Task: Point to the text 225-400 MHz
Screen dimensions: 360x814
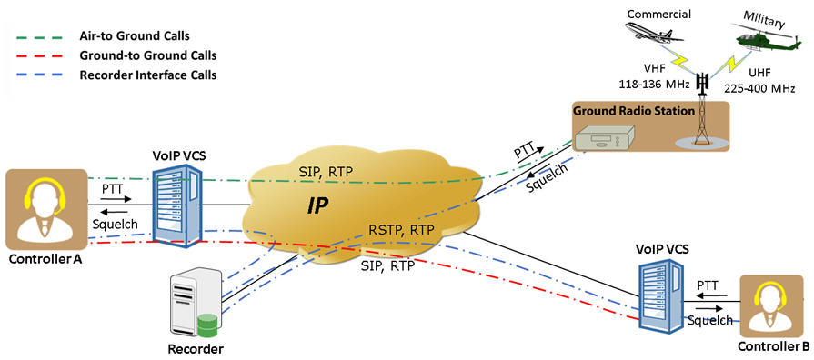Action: tap(765, 88)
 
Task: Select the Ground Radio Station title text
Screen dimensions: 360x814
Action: tap(634, 111)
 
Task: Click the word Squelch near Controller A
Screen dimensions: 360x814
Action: tap(116, 223)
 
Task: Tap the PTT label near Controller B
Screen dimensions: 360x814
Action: tap(708, 285)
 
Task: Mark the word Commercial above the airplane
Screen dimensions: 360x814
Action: tap(659, 14)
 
